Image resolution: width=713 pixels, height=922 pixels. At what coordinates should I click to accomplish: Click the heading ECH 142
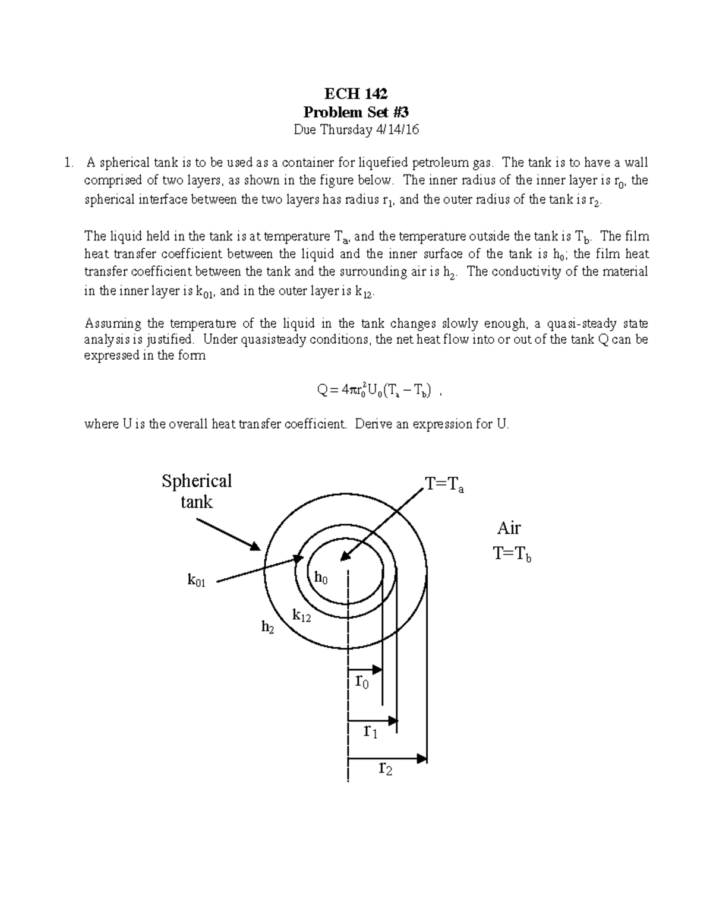(x=356, y=93)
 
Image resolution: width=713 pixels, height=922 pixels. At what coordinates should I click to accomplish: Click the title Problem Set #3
(x=356, y=112)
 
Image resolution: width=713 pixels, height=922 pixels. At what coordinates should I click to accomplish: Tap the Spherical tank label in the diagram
(x=197, y=491)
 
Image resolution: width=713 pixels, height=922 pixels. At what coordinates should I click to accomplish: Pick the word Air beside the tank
(x=509, y=528)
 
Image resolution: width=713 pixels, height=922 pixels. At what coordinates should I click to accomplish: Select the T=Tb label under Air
(x=512, y=555)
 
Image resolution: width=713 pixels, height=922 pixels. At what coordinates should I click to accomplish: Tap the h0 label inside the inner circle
(x=320, y=577)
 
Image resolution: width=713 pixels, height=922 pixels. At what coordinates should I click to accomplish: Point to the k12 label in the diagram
(x=301, y=616)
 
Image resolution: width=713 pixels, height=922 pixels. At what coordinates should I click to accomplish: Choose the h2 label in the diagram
(x=268, y=626)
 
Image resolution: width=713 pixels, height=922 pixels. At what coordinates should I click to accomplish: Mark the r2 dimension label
(x=386, y=769)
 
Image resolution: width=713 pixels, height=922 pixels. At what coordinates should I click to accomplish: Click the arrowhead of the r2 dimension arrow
(x=422, y=758)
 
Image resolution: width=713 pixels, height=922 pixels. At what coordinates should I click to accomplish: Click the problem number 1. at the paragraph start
(x=71, y=163)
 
